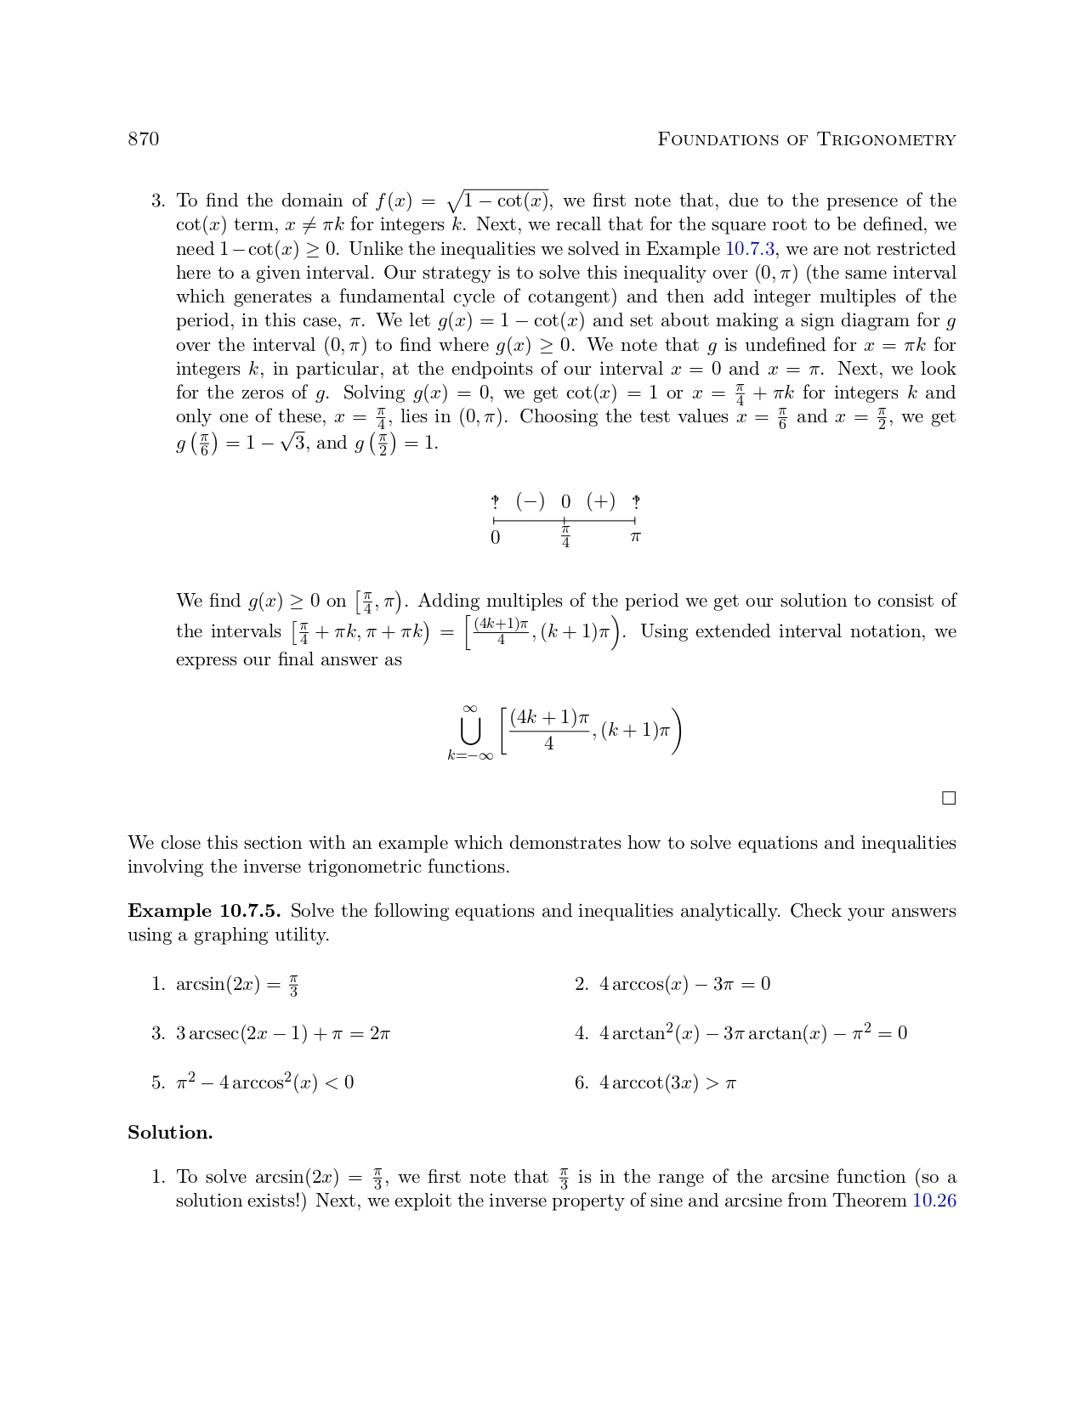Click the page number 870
(x=143, y=139)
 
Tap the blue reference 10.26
(x=934, y=1201)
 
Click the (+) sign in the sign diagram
(x=600, y=501)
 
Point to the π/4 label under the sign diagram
(x=565, y=538)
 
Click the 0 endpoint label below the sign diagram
(x=495, y=538)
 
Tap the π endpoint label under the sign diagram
(x=635, y=538)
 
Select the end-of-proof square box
(x=949, y=798)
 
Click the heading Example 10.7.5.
(x=204, y=911)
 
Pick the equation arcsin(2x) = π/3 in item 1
(x=237, y=985)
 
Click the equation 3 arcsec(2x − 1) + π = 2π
(x=282, y=1033)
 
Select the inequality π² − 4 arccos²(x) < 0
(x=264, y=1083)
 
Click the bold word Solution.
(x=170, y=1133)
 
